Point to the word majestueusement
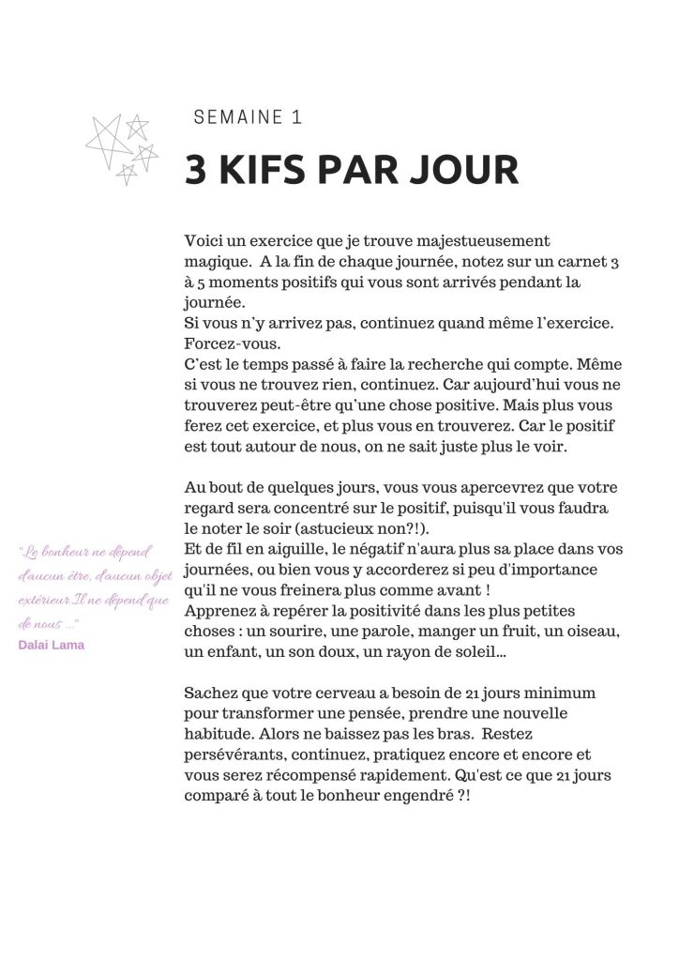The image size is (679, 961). [x=488, y=241]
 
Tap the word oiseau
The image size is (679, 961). [x=595, y=631]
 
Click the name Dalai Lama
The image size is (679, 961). [x=52, y=645]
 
